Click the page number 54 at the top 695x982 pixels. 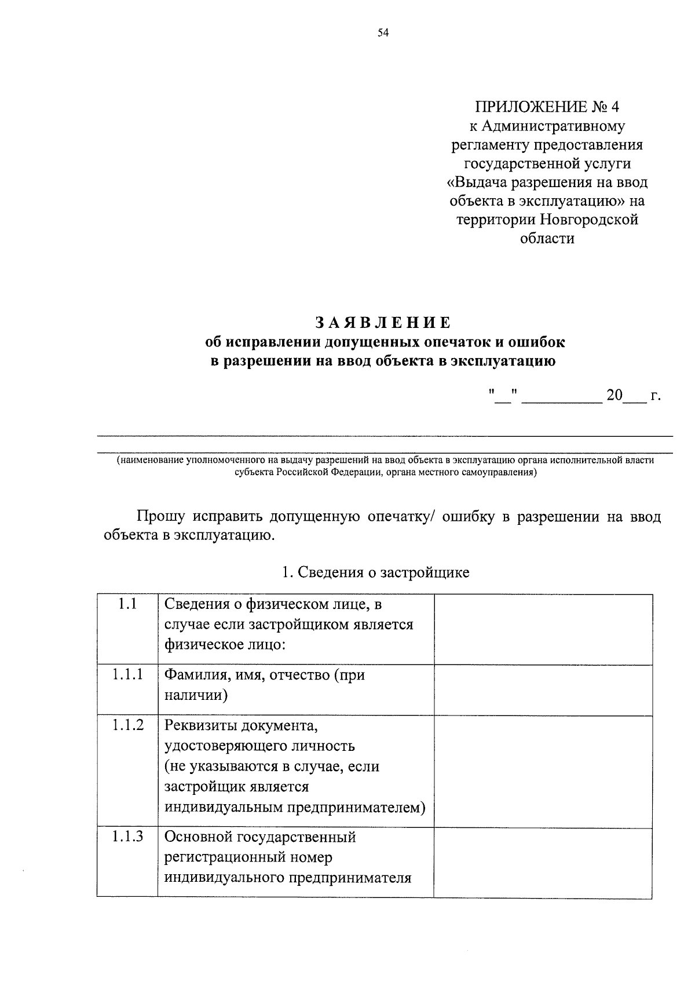pyautogui.click(x=383, y=33)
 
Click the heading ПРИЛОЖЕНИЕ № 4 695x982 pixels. pyautogui.click(x=547, y=107)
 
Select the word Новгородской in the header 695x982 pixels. pyautogui.click(x=589, y=220)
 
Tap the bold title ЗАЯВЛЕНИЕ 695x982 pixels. pyautogui.click(x=383, y=322)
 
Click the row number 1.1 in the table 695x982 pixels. pyautogui.click(x=127, y=604)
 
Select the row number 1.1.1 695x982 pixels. pyautogui.click(x=127, y=674)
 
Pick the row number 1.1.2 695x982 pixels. pyautogui.click(x=127, y=725)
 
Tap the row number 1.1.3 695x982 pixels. pyautogui.click(x=127, y=836)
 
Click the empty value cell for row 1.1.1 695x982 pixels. pyautogui.click(x=543, y=689)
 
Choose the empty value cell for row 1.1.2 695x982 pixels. pyautogui.click(x=543, y=771)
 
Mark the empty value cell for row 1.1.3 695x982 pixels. pyautogui.click(x=543, y=862)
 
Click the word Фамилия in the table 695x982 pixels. pyautogui.click(x=191, y=675)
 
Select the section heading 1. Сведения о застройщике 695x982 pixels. pyautogui.click(x=375, y=573)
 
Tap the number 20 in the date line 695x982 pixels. pyautogui.click(x=614, y=396)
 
